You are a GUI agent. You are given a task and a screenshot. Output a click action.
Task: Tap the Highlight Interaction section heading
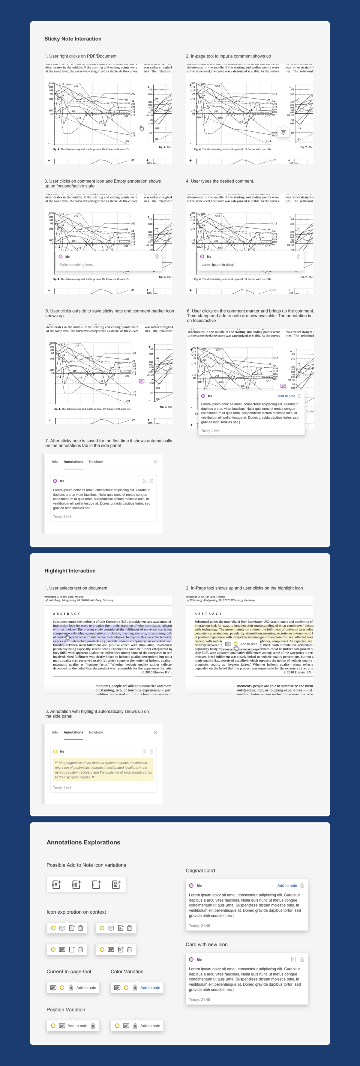coord(70,571)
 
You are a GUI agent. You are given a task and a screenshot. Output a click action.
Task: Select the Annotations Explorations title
coord(83,842)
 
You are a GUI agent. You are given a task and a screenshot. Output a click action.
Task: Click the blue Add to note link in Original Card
coord(287,885)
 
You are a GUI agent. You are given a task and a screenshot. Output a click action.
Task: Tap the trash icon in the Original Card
coord(302,885)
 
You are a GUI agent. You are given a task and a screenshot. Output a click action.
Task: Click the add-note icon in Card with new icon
coord(293,959)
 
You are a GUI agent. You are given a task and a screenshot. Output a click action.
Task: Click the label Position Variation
coord(66,1009)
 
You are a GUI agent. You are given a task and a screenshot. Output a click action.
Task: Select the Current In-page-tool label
coord(69,971)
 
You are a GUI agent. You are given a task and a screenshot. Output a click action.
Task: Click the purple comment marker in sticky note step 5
coord(142,381)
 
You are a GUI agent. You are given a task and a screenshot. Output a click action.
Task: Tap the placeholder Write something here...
coord(77,265)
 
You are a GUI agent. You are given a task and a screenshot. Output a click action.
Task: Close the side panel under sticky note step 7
coord(155,462)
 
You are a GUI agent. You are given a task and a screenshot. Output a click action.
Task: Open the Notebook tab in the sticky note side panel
coord(96,462)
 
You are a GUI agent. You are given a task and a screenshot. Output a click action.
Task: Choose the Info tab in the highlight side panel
coord(55,732)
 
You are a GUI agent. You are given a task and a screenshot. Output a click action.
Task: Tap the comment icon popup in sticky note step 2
coord(283,132)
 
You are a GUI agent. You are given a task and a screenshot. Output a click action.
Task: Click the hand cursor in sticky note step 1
coord(142,128)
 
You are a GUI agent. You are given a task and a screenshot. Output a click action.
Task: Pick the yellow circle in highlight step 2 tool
coord(235,644)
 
